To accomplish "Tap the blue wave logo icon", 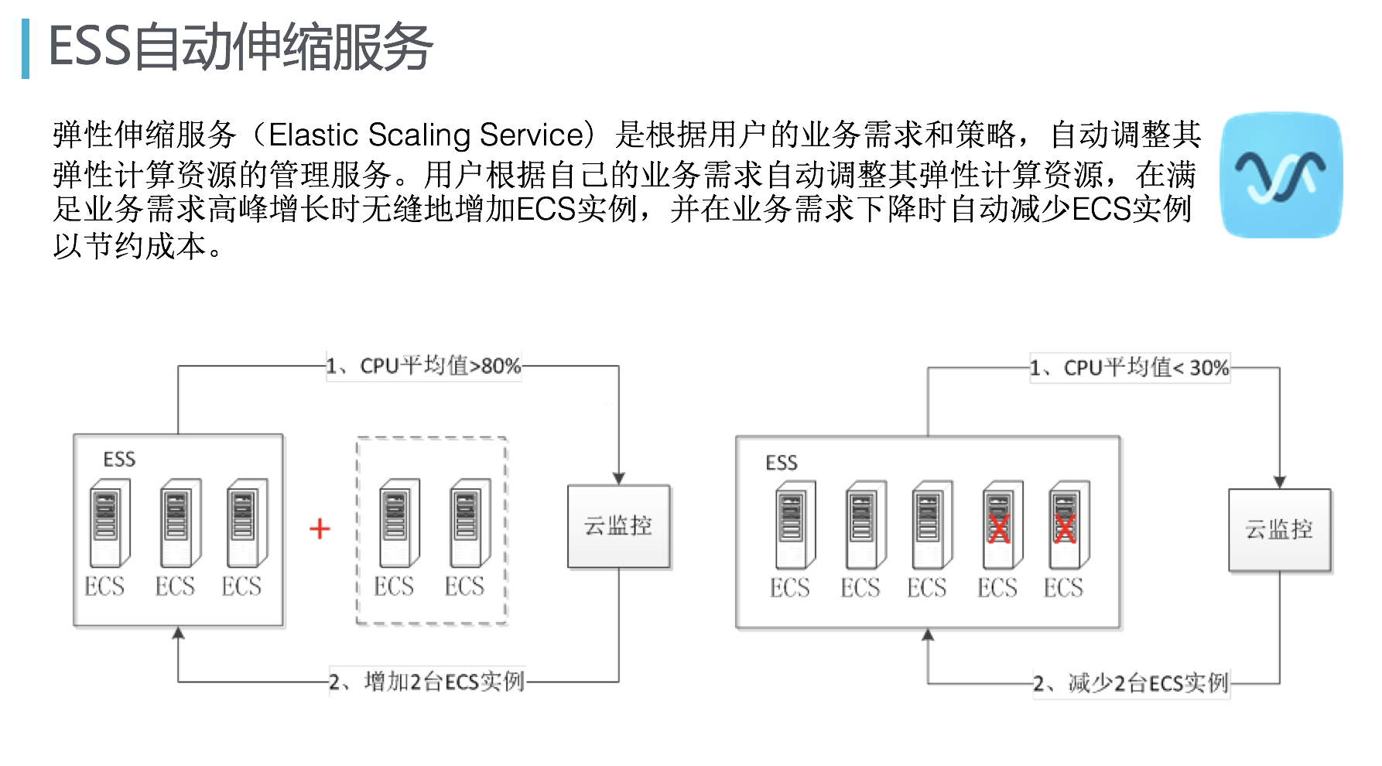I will click(1281, 176).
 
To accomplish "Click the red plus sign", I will click(320, 529).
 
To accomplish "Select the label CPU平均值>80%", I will click(423, 365).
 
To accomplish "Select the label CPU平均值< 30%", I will click(1129, 368).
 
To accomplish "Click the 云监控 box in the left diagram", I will click(618, 527).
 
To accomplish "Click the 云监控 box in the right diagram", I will click(1279, 530).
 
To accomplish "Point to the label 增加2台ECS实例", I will click(427, 682).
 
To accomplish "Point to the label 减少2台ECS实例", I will click(1131, 683).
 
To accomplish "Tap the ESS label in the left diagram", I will click(119, 460).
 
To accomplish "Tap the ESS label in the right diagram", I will click(781, 463).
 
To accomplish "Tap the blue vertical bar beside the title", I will click(26, 49).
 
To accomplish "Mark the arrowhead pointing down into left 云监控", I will click(618, 478).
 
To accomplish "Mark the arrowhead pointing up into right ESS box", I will click(928, 635).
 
